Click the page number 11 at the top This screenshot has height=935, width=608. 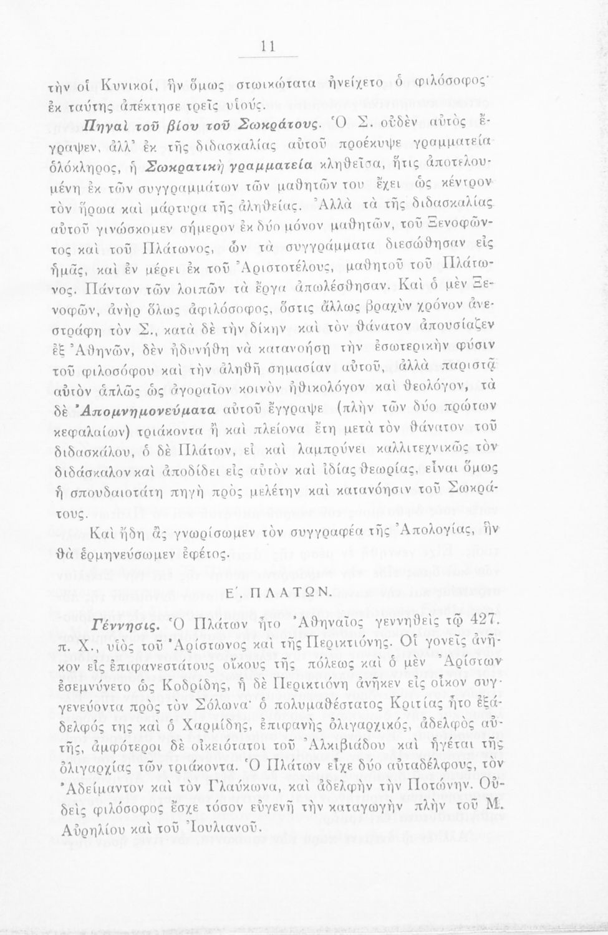[269, 46]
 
